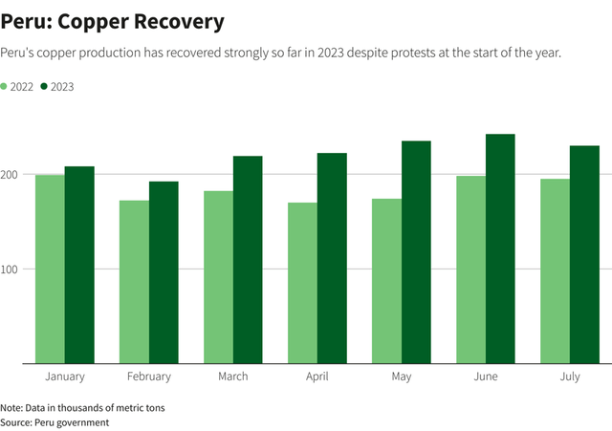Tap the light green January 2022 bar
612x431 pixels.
coord(50,269)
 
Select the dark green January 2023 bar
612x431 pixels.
coord(79,265)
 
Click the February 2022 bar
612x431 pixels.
coord(134,281)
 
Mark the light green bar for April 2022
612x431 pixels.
coord(302,282)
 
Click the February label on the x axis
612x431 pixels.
coord(148,377)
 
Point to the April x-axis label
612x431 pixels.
coord(317,377)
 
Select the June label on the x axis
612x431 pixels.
coord(486,377)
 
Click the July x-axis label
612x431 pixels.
coord(570,377)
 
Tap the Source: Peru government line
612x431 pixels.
coord(55,421)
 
